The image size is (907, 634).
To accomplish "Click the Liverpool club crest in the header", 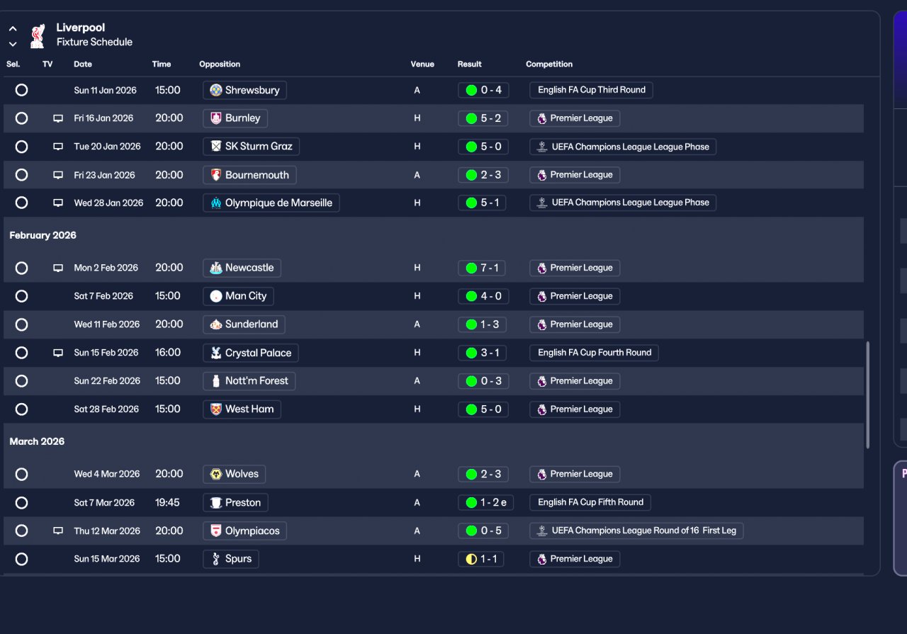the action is [x=38, y=35].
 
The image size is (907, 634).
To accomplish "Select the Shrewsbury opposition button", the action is [x=244, y=90].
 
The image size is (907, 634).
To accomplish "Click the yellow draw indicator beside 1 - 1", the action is [x=471, y=559].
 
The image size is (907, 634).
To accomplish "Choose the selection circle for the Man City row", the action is [x=21, y=296].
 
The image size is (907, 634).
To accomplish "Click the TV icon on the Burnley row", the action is [x=58, y=118].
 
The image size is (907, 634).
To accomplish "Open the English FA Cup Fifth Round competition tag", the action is [x=590, y=502].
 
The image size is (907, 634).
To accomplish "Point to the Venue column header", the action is [x=422, y=64].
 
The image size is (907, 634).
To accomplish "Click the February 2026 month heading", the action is [x=43, y=235].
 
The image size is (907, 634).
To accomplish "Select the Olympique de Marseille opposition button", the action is [x=271, y=203].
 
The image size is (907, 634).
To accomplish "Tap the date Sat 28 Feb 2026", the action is [x=106, y=409].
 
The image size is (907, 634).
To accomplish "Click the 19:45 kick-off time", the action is [x=167, y=502].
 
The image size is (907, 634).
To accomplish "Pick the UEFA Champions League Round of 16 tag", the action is [x=636, y=531].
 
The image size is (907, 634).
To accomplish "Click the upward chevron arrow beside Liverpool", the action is [x=13, y=29].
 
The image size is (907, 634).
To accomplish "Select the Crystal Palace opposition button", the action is [x=251, y=353].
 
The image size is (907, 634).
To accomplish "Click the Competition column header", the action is [x=549, y=64].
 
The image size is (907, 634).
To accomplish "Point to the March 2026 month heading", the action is [x=37, y=441].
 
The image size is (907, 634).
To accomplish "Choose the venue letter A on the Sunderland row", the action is [x=417, y=324].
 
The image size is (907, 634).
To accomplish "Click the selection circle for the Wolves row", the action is [x=21, y=474].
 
